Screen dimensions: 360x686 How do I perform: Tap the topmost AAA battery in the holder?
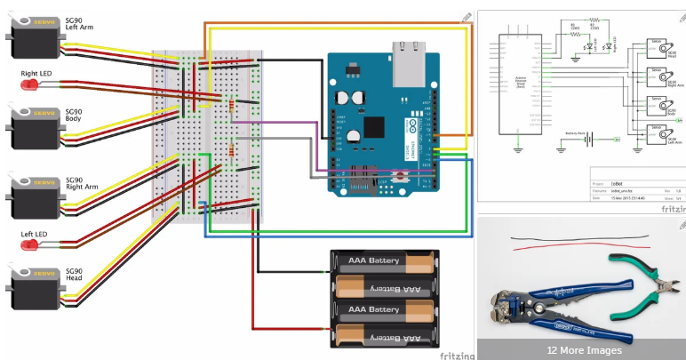pos(386,262)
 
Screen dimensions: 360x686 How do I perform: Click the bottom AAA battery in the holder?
pos(386,334)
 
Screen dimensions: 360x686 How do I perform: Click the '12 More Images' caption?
pos(583,350)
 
